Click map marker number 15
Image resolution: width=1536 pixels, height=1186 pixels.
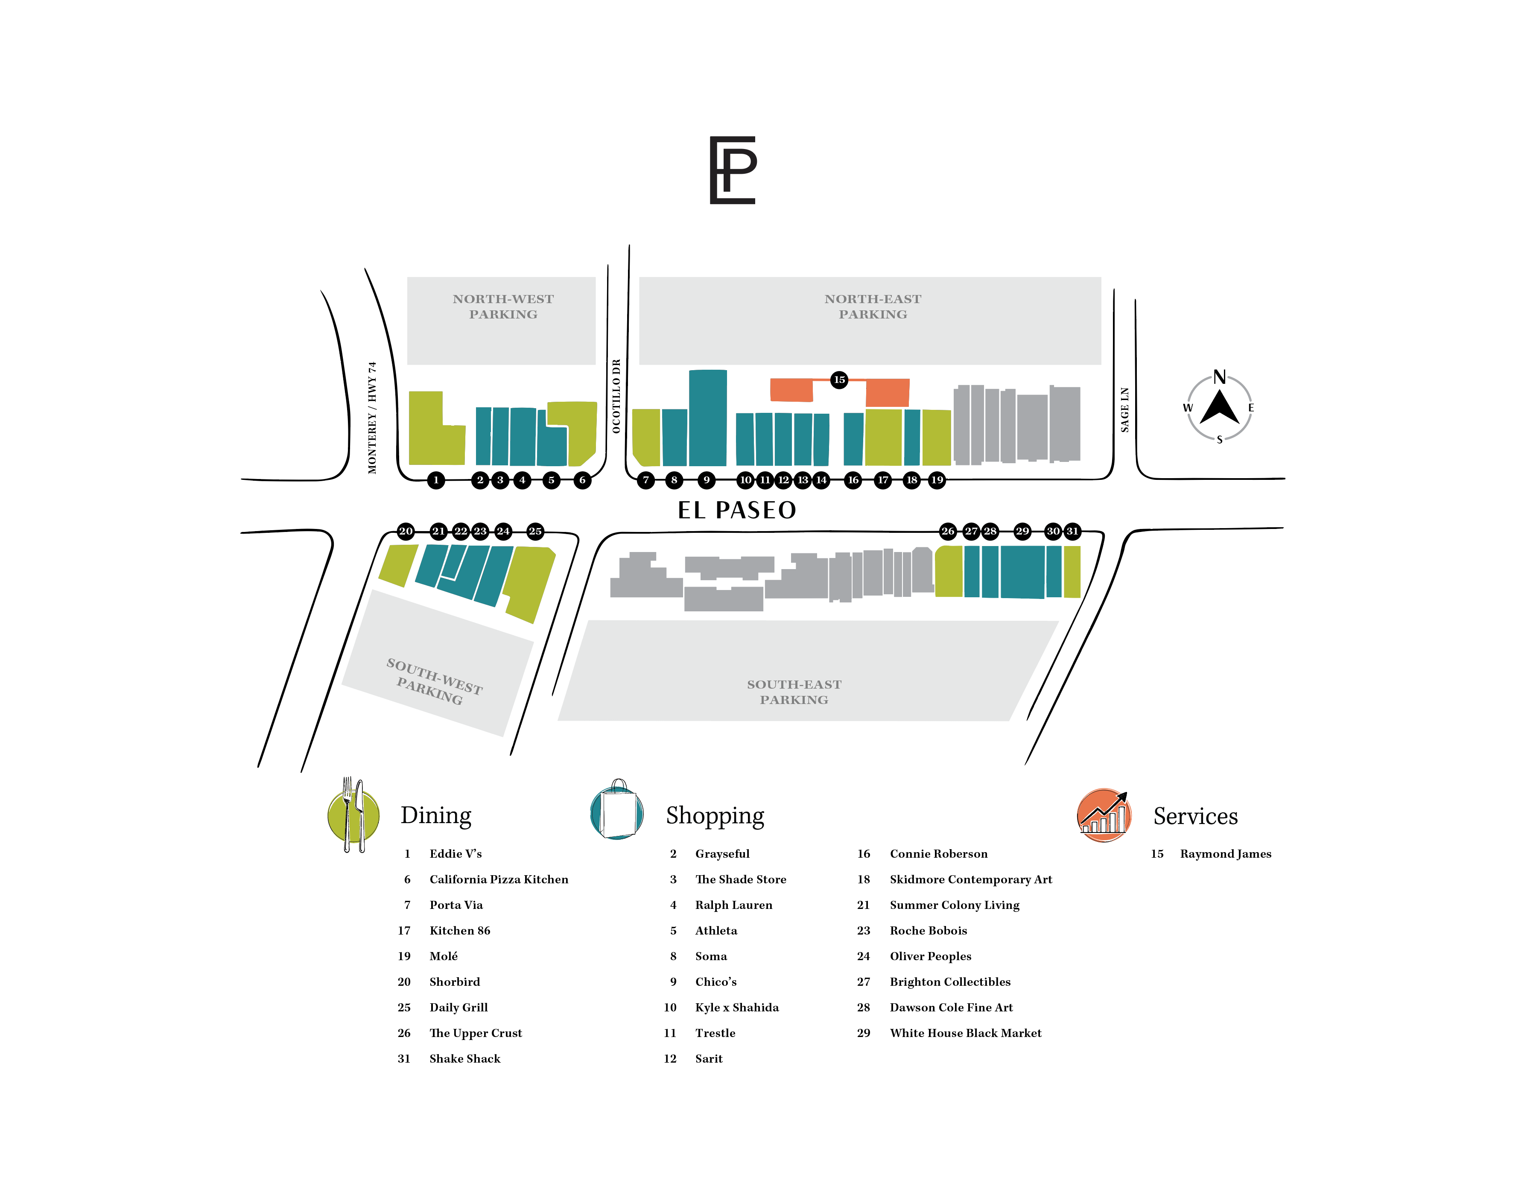839,380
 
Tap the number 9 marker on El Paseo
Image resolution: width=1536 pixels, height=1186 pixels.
707,480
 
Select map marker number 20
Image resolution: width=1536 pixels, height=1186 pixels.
406,531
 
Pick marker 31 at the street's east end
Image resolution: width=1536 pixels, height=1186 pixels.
1072,531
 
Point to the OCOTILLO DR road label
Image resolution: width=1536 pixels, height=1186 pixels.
616,396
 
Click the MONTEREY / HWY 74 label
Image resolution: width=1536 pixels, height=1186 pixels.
372,418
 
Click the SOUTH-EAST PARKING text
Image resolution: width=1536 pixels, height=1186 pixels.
794,692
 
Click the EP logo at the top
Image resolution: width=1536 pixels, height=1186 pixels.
733,170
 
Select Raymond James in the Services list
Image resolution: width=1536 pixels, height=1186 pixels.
1225,854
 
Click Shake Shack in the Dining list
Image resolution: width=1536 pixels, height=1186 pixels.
465,1059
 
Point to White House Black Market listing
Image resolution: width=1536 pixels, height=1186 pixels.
966,1033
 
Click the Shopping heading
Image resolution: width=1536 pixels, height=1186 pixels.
715,816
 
